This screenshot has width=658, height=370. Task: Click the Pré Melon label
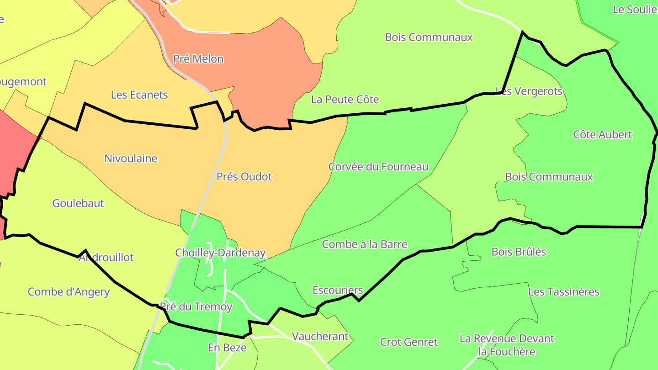click(198, 59)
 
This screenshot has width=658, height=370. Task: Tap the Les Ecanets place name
click(139, 95)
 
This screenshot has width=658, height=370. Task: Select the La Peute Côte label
click(345, 100)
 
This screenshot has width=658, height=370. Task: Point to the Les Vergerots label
click(529, 91)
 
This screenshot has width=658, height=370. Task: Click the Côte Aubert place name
click(602, 134)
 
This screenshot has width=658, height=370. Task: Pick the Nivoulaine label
click(131, 159)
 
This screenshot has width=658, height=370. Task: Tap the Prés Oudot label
click(244, 177)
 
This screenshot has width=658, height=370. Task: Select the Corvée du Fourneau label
click(378, 167)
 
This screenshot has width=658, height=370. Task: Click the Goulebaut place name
click(78, 203)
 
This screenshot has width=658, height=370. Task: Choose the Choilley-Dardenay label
click(220, 253)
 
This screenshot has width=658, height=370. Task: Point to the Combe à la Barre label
click(364, 244)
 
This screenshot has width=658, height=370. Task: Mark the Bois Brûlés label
click(519, 252)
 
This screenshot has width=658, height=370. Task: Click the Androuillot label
click(106, 258)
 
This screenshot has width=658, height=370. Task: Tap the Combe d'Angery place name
click(69, 292)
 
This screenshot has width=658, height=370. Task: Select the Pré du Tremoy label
click(196, 307)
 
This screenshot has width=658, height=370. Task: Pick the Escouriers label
click(338, 290)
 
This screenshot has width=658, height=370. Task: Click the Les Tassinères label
click(563, 291)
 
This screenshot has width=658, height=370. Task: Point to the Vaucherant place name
click(320, 337)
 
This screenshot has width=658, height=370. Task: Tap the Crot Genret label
click(409, 342)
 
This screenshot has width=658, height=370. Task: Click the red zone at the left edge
click(14, 151)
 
